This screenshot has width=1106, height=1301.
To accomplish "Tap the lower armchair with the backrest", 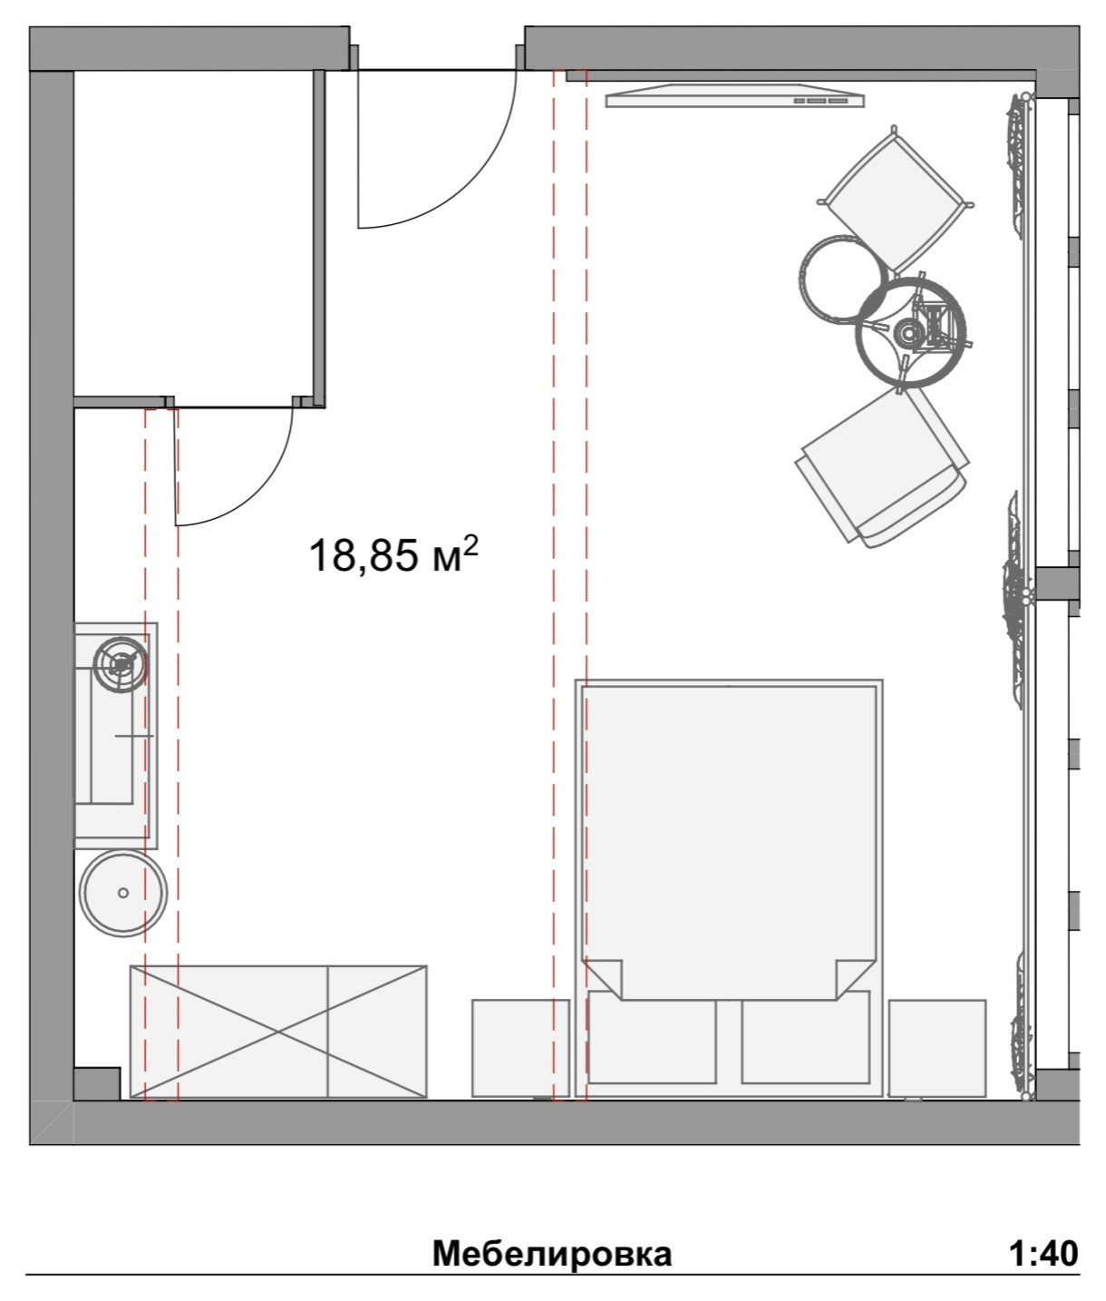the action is pyautogui.click(x=883, y=467).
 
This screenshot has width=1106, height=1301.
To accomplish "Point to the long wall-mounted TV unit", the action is pyautogui.click(x=735, y=95).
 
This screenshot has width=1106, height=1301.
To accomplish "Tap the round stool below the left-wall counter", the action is pyautogui.click(x=123, y=893).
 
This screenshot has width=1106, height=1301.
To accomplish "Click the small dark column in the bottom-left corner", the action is pyautogui.click(x=97, y=1082).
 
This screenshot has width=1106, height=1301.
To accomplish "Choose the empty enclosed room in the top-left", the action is pyautogui.click(x=193, y=233).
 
